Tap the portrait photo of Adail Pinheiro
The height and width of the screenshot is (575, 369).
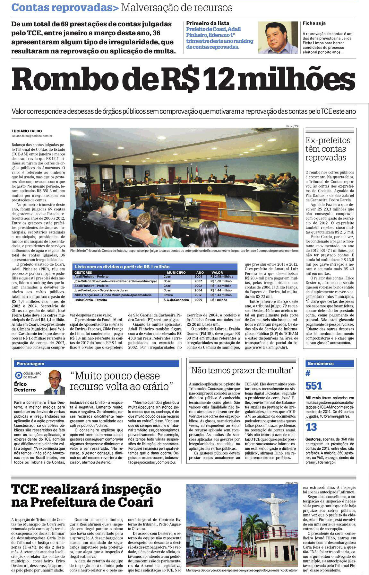[x=278, y=37]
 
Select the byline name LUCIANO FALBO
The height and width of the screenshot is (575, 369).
[x=27, y=131]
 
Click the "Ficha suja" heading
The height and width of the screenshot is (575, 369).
[x=314, y=23]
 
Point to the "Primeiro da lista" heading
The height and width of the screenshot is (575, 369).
[x=208, y=23]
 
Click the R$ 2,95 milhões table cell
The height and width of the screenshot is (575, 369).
[x=222, y=277]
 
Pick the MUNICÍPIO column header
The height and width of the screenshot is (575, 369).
[x=176, y=272]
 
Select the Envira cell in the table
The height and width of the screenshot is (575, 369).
[x=168, y=295]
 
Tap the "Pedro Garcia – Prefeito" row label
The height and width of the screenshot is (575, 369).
[x=91, y=300]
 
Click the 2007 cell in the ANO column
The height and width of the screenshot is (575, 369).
[x=198, y=281]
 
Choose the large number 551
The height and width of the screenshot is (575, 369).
[x=313, y=386]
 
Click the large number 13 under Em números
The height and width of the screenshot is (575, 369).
[x=311, y=427]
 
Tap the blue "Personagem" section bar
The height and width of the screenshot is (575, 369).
[x=96, y=364]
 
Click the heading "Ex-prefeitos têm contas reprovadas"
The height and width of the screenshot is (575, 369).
[x=328, y=149]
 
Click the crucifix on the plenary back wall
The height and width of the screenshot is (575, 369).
[x=226, y=168]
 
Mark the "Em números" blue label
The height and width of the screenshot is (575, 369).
[x=321, y=364]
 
